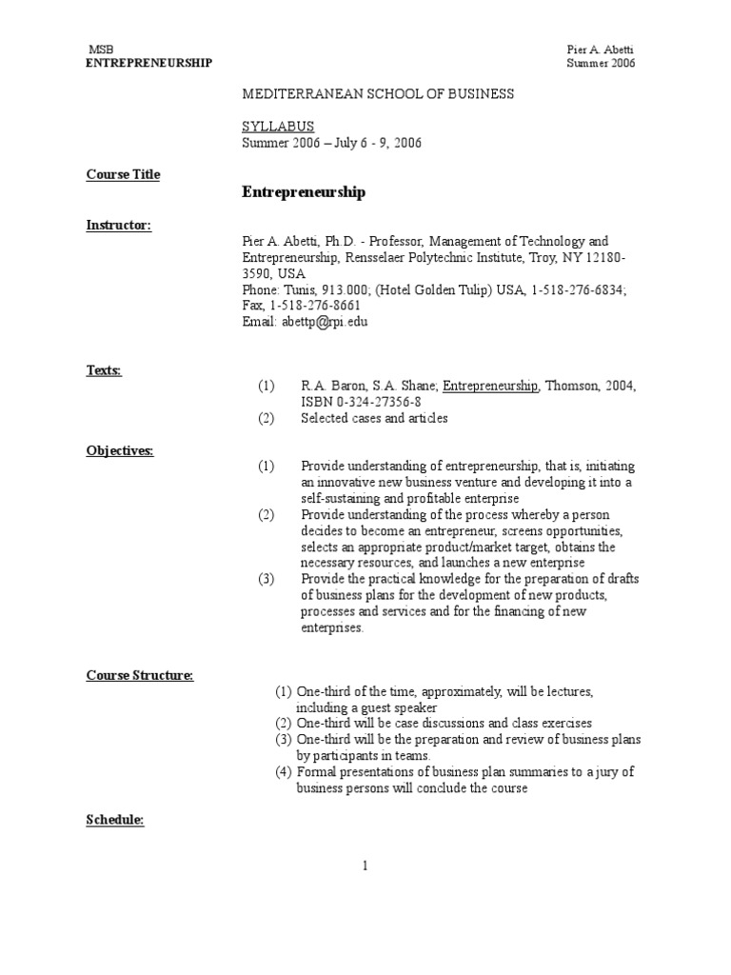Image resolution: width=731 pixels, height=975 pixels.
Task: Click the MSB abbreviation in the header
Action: point(100,49)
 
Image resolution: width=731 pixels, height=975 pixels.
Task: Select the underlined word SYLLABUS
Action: point(279,126)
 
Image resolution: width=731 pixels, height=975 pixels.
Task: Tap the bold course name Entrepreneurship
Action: point(304,192)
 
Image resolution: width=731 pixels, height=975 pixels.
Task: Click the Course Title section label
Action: point(124,174)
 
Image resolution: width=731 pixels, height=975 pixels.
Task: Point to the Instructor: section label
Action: point(119,225)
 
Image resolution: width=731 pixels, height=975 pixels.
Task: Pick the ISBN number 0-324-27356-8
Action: point(370,402)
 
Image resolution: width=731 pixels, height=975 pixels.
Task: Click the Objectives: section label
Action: point(120,450)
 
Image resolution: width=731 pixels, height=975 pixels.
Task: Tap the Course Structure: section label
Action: point(140,675)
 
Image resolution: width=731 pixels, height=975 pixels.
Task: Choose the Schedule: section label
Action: point(115,820)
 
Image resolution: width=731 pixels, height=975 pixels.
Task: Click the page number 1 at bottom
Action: point(365,866)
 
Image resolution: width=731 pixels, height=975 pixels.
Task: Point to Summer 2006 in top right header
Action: point(601,63)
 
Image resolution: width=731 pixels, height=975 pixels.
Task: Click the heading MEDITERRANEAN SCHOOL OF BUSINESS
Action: point(379,93)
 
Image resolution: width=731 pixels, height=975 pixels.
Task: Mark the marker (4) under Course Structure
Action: point(284,771)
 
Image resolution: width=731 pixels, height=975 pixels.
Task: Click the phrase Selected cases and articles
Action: point(374,418)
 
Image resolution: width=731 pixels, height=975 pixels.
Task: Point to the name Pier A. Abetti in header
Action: point(599,49)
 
